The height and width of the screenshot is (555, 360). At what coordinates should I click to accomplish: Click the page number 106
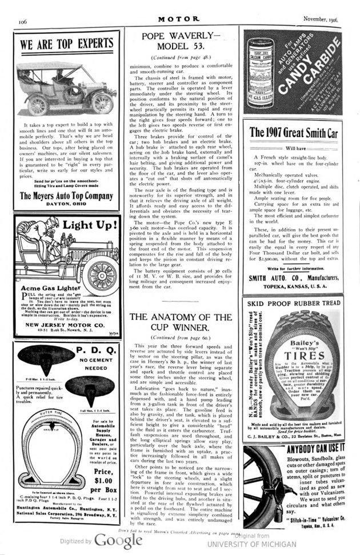(23, 21)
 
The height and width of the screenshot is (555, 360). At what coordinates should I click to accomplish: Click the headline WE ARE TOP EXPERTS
(67, 45)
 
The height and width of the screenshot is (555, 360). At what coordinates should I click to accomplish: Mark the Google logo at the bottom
(110, 540)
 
